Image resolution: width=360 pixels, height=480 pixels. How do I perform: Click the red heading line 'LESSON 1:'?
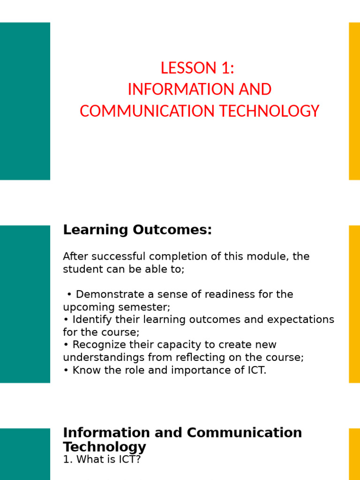tap(197, 68)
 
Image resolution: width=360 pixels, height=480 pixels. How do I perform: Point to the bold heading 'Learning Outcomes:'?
tap(137, 230)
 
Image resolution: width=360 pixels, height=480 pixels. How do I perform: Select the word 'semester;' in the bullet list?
tap(146, 307)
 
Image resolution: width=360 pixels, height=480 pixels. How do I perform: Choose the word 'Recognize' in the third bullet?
tap(97, 345)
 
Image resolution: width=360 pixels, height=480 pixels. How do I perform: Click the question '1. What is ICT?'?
tap(102, 459)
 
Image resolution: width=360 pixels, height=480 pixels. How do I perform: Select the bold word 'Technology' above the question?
tap(105, 447)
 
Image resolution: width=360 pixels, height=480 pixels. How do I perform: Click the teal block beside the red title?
tap(25, 101)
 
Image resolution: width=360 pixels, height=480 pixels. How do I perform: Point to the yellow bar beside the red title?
tap(354, 101)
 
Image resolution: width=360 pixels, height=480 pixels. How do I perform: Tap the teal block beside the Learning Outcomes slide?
tap(25, 304)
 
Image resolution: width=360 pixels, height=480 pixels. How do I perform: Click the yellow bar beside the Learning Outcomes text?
tap(354, 304)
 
